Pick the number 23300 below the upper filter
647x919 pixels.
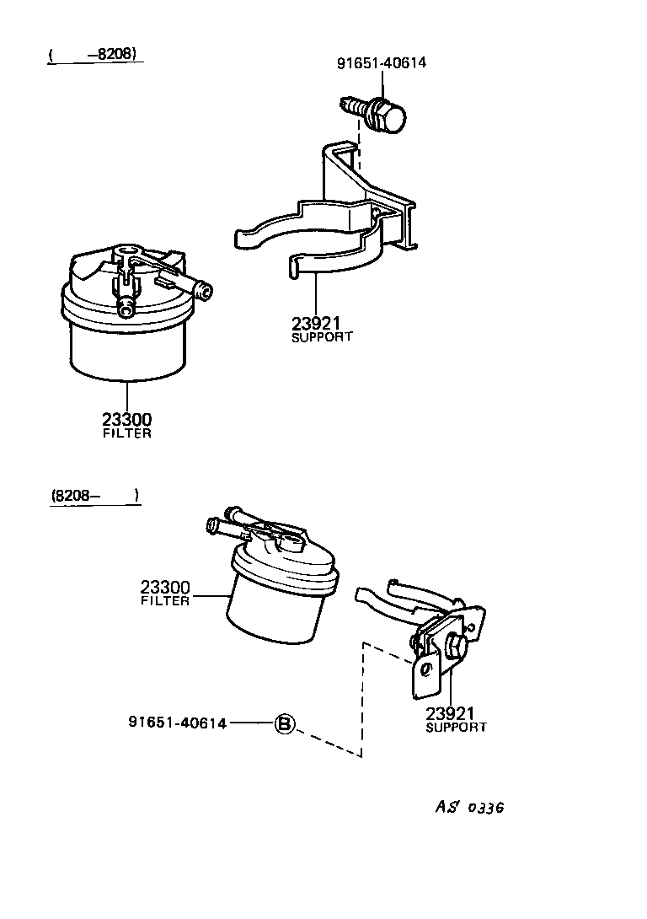pos(127,419)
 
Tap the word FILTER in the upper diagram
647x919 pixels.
pos(127,433)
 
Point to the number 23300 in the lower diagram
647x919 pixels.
pos(165,587)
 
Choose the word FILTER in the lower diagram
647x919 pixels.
pos(165,601)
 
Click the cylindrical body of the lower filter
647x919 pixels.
pos(274,611)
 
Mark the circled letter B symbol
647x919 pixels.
pos(285,723)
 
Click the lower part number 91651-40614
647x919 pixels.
pos(178,723)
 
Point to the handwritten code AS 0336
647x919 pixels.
pos(470,807)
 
